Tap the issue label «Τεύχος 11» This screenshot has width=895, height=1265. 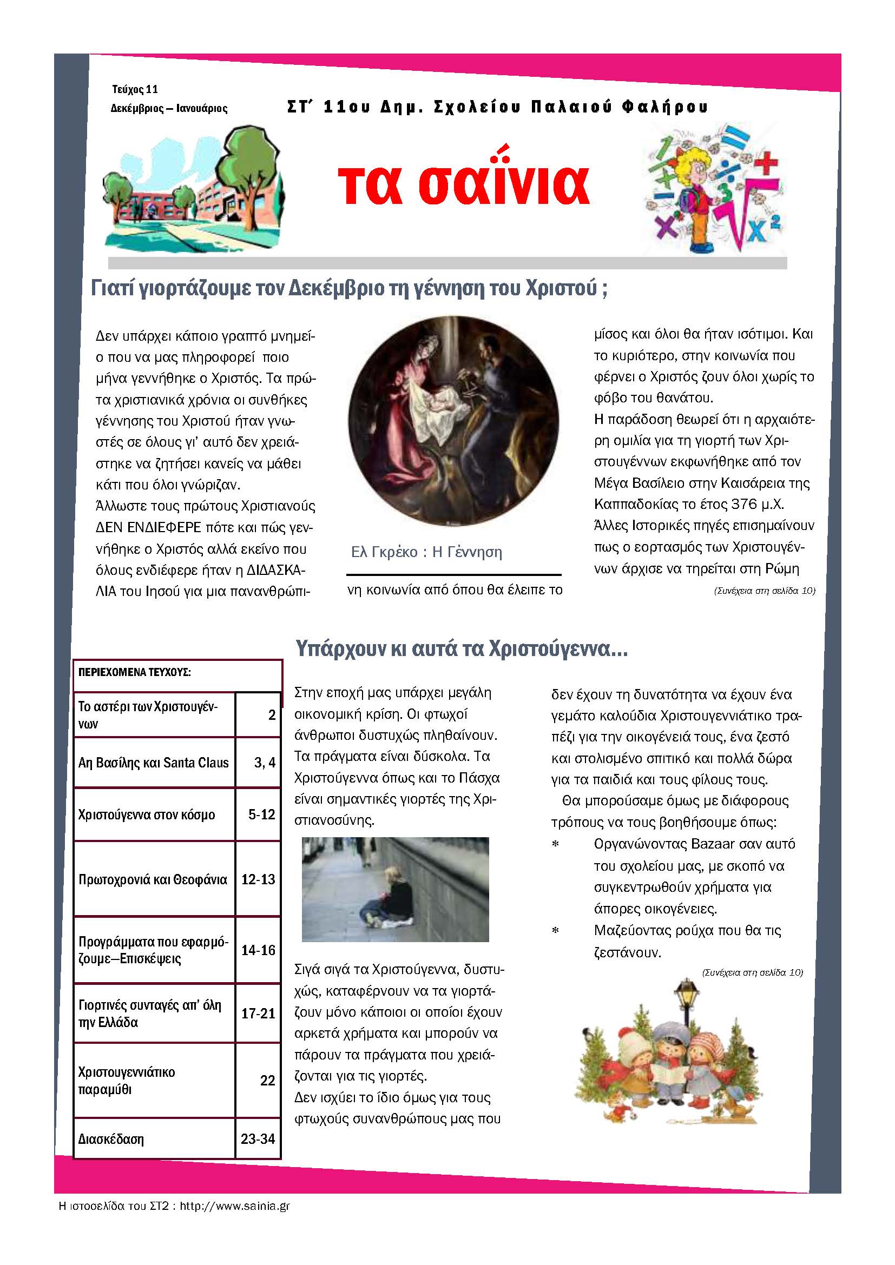coord(135,89)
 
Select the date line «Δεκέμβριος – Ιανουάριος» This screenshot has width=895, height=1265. coord(169,109)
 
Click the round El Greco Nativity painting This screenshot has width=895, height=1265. coord(453,421)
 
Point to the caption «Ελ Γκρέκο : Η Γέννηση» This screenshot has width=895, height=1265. coord(426,552)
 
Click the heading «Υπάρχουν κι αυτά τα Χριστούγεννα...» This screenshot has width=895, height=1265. coord(461,648)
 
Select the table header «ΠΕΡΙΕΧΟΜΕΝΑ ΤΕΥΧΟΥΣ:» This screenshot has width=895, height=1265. coord(135,672)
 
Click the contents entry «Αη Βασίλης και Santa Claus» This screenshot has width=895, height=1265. coord(153,763)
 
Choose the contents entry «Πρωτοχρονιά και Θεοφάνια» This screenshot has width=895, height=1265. coord(153,879)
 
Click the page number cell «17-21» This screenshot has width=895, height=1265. coord(258,1013)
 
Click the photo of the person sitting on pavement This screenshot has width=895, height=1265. coord(395,889)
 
